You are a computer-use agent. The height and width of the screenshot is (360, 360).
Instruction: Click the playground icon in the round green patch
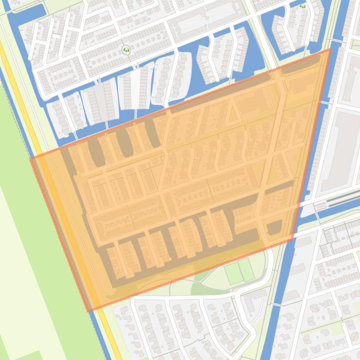pos(125,50)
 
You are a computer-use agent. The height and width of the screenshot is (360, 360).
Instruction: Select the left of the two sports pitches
pos(233,274)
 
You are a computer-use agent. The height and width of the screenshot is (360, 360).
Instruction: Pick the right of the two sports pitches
pos(247,270)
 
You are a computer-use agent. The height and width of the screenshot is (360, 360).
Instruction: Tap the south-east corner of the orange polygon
pos(293,239)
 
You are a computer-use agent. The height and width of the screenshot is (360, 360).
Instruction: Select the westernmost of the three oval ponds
pos(96,152)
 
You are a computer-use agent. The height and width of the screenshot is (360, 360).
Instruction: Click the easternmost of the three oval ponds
pos(152,133)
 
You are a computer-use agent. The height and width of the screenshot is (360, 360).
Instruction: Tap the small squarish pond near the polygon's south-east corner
pos(274,228)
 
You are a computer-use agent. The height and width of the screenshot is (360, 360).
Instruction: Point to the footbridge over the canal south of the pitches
pos(277,304)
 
